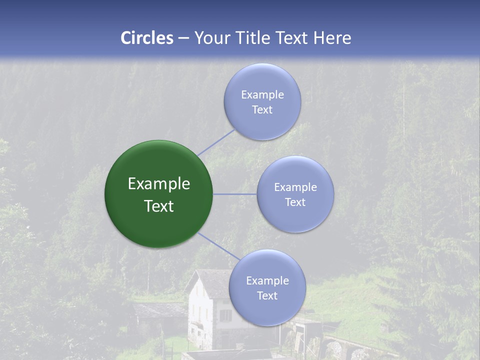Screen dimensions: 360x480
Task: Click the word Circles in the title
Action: click(x=146, y=38)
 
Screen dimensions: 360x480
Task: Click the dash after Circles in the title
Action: click(x=183, y=38)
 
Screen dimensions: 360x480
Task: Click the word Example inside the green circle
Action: click(x=159, y=184)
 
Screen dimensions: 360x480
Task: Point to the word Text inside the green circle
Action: click(x=159, y=206)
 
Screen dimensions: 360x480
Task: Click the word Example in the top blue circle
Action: click(x=262, y=94)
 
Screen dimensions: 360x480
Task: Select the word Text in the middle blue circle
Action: click(x=295, y=202)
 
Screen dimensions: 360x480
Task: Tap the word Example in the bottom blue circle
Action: click(x=267, y=280)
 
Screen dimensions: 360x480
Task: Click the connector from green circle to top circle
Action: click(x=216, y=142)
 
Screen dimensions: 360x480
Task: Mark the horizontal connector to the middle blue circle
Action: click(x=235, y=194)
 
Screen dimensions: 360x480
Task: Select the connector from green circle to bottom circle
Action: click(x=218, y=246)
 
